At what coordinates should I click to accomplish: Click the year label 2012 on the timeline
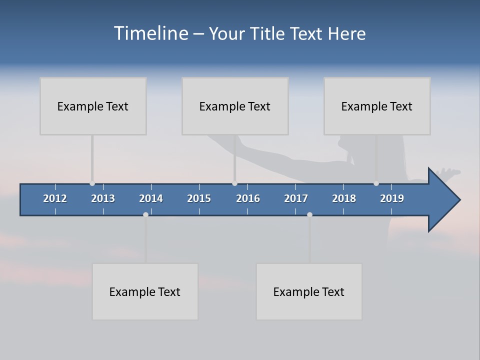coord(55,198)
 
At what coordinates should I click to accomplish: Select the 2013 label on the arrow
coord(103,198)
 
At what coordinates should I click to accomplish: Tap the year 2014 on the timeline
coord(151,198)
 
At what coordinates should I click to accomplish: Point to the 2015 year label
coord(199,198)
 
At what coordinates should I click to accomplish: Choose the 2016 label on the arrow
coord(248,198)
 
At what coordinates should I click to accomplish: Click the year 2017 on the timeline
coord(296,198)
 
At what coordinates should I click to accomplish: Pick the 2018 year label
coord(344,198)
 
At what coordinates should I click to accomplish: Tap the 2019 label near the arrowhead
coord(392,198)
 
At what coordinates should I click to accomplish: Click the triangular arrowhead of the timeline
coord(443,199)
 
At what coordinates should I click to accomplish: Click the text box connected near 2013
coord(93,106)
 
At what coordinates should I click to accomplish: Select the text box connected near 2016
coord(235,106)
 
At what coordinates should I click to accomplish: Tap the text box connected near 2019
coord(377,106)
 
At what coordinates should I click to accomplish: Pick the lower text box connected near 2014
coord(145,291)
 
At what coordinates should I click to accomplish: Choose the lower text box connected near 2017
coord(309,291)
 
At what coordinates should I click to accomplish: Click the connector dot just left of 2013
coord(92,183)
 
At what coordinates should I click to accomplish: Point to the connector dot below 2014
coord(145,214)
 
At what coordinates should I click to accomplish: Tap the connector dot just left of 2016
coord(234,183)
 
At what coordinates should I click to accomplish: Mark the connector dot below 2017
coord(309,214)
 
